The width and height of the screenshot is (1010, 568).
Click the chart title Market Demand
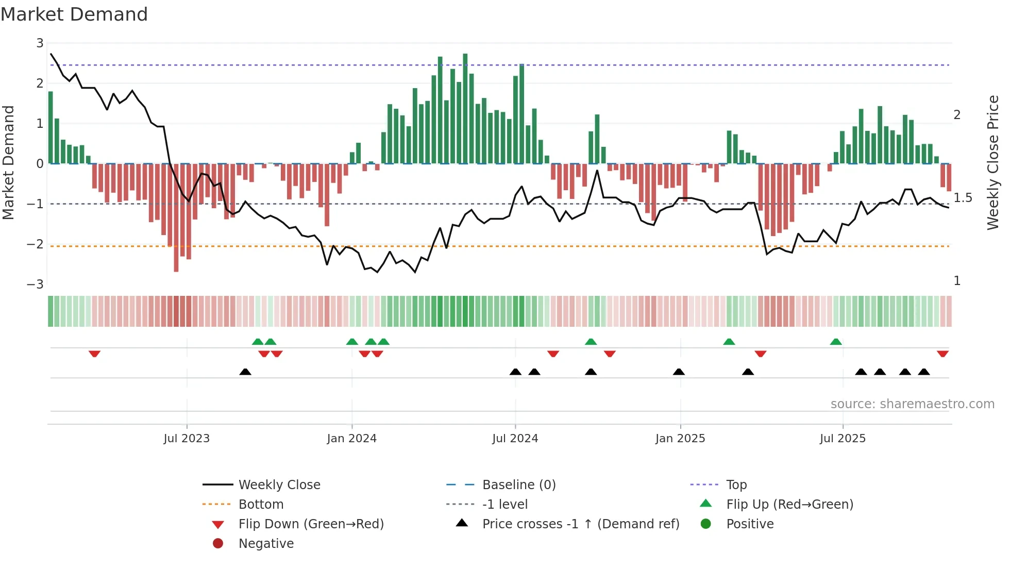pos(74,14)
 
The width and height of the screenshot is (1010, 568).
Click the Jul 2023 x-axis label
pos(187,439)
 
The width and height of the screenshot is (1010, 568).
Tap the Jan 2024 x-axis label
pos(351,439)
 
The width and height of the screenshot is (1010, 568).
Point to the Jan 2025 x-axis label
pos(680,439)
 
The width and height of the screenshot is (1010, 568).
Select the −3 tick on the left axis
pos(35,285)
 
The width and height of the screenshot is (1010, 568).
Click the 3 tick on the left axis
pos(40,43)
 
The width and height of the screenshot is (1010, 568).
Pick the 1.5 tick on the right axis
pos(962,198)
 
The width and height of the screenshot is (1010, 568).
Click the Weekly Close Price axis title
pos(992,162)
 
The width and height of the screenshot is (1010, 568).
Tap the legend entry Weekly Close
pos(279,485)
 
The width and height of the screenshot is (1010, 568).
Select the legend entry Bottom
pos(261,505)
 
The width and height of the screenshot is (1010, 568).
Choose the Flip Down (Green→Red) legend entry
pos(311,524)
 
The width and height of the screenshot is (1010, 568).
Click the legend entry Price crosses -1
pos(580,524)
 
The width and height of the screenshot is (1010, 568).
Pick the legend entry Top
pos(736,485)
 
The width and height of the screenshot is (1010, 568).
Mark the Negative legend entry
pos(266,544)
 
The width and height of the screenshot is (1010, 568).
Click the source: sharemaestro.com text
pos(912,404)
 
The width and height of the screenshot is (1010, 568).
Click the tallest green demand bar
pos(465,108)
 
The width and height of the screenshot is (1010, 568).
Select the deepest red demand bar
pos(176,218)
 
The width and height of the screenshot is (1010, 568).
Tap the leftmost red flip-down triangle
pos(94,354)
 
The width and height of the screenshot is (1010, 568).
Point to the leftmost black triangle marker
pos(245,372)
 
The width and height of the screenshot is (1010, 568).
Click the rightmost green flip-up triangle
pos(836,342)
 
